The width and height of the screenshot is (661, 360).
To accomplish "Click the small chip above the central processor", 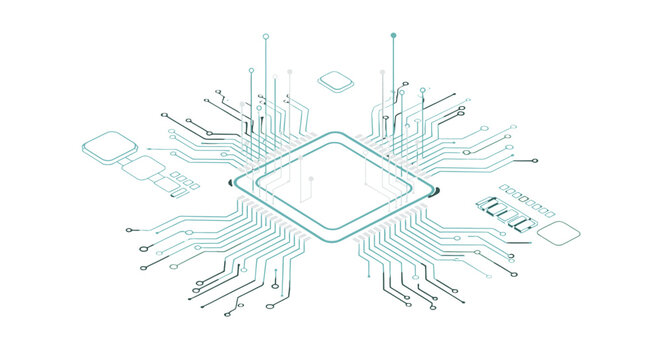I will [334, 79].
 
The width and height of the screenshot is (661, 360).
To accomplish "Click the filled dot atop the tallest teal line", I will [393, 36].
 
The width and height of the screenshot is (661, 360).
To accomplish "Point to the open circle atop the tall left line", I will [266, 36].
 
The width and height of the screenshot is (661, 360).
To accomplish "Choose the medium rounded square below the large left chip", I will [143, 169].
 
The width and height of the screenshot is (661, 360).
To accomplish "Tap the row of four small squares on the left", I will [180, 180].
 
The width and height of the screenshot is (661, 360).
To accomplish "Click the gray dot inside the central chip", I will [311, 180].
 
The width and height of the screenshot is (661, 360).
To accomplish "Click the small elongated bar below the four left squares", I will [178, 194].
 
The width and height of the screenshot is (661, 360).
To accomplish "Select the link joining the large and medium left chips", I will [125, 158].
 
